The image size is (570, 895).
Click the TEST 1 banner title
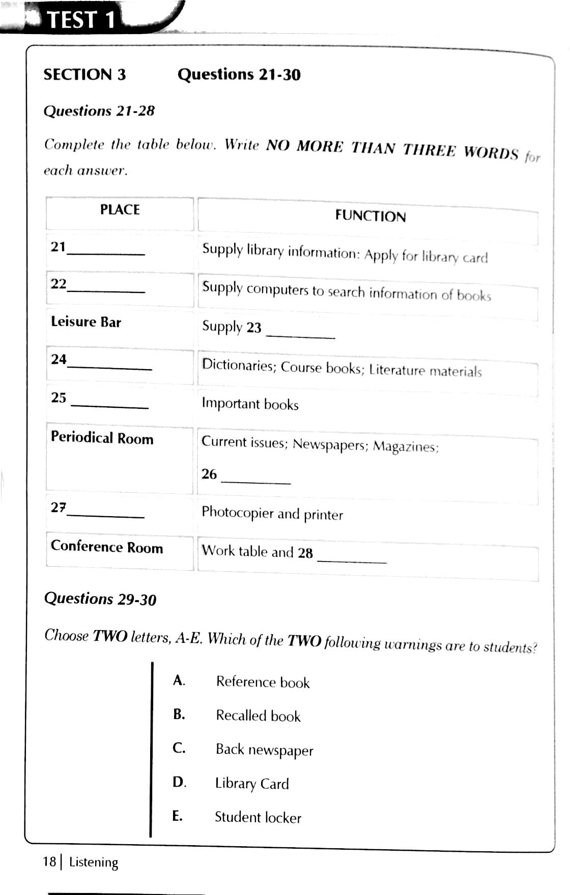[x=81, y=20]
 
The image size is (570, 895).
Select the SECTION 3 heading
[x=84, y=75]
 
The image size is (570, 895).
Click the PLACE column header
[x=120, y=210]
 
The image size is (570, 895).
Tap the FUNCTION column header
[x=370, y=216]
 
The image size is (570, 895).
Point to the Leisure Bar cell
[x=86, y=322]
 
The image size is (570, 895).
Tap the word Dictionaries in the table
[x=238, y=365]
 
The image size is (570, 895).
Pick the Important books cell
[x=250, y=404]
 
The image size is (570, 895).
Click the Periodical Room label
[x=102, y=438]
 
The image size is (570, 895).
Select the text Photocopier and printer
[x=272, y=513]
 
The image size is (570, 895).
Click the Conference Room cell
[x=107, y=547]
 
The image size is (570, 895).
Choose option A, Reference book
[x=263, y=682]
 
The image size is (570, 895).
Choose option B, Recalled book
[x=258, y=716]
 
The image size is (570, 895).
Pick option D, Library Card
[x=252, y=784]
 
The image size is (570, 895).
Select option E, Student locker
[x=258, y=817]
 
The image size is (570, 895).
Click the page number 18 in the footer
[x=49, y=861]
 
